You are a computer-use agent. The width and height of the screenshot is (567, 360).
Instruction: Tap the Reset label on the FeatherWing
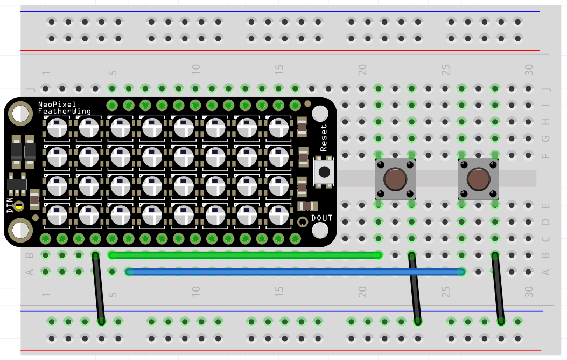tap(324, 137)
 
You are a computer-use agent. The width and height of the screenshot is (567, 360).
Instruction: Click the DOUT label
tap(322, 218)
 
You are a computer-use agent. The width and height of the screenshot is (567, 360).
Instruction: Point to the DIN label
tap(10, 205)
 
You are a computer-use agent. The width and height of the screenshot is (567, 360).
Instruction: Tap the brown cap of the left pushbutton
tap(395, 179)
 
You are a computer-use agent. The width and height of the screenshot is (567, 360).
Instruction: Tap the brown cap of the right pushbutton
tap(478, 179)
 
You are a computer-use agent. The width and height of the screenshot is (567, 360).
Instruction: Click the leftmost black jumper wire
tap(98, 288)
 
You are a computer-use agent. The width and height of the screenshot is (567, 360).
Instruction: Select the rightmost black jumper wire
tap(498, 288)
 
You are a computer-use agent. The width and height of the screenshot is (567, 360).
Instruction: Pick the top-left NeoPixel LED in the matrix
tap(57, 128)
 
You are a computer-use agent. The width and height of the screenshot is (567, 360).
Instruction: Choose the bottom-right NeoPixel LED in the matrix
tap(278, 215)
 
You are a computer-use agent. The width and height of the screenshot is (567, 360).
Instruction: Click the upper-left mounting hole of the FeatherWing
tap(20, 113)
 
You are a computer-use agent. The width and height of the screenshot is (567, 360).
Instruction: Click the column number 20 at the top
tap(363, 70)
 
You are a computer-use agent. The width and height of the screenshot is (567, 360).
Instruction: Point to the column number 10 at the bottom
tap(196, 292)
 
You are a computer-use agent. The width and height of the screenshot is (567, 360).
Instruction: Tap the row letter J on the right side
tap(545, 89)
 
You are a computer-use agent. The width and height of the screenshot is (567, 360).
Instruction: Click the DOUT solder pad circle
tap(303, 222)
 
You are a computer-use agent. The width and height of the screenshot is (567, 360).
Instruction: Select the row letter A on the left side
tap(30, 272)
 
